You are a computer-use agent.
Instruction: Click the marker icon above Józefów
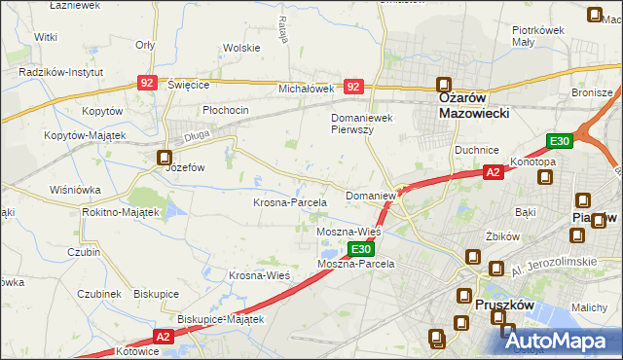coord(165,157)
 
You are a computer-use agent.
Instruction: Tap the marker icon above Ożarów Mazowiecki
coord(445,85)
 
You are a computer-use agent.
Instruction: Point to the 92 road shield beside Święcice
coord(146,84)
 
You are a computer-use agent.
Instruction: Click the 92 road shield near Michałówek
coord(353,88)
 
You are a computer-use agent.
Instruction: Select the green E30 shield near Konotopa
coord(559,142)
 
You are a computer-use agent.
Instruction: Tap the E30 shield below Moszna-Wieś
coord(359,250)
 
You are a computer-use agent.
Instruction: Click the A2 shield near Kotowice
coord(163,337)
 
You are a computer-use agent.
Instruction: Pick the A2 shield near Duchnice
coord(494,173)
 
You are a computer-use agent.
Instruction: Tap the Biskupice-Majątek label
coord(222,318)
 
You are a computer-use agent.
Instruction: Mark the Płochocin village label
coord(226,110)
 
